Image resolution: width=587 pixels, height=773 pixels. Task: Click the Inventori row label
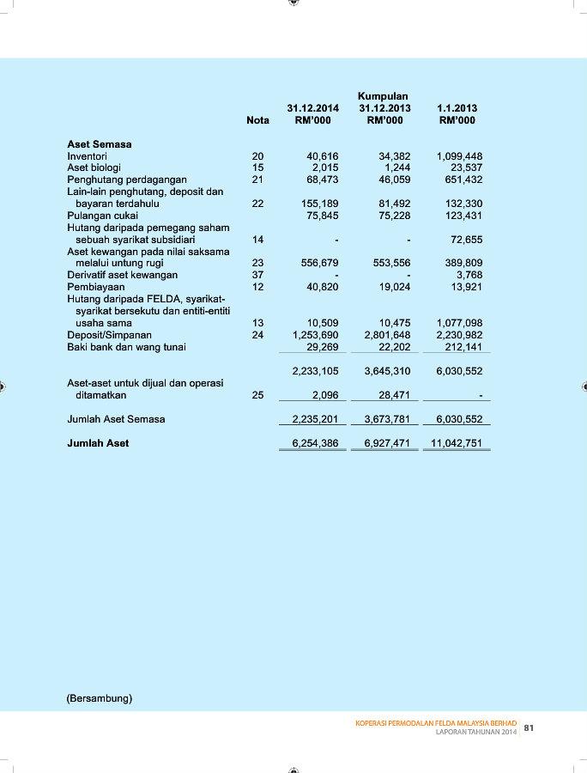[87, 156]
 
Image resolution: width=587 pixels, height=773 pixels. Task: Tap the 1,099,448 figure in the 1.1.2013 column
[460, 156]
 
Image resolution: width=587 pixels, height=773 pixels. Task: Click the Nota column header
[257, 121]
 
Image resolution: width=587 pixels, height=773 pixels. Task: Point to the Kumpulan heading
[383, 96]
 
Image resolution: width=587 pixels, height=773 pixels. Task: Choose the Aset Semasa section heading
[100, 144]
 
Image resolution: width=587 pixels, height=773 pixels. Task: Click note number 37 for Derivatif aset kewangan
[257, 275]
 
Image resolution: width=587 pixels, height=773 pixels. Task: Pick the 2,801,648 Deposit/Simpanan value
[388, 335]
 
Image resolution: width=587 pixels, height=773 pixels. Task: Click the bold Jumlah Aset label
[98, 443]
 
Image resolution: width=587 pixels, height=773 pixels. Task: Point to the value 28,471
[395, 395]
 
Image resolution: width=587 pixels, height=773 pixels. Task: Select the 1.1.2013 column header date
[457, 109]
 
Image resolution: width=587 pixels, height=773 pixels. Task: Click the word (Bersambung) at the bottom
[100, 698]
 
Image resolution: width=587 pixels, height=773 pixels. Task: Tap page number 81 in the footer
[529, 728]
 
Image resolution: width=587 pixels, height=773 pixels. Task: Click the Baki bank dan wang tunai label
[126, 347]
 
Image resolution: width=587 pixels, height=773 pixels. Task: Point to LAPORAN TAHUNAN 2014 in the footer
[476, 732]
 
